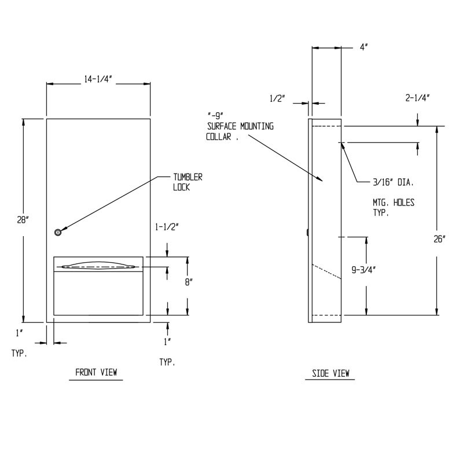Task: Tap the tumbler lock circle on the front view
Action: (x=57, y=232)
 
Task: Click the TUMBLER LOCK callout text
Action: (x=188, y=182)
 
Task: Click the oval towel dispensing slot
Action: (x=98, y=267)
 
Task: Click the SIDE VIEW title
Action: (x=330, y=373)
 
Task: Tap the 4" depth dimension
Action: (x=364, y=49)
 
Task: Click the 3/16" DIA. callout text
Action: (x=392, y=182)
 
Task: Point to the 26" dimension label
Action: (x=440, y=238)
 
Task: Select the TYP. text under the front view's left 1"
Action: (x=19, y=352)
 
